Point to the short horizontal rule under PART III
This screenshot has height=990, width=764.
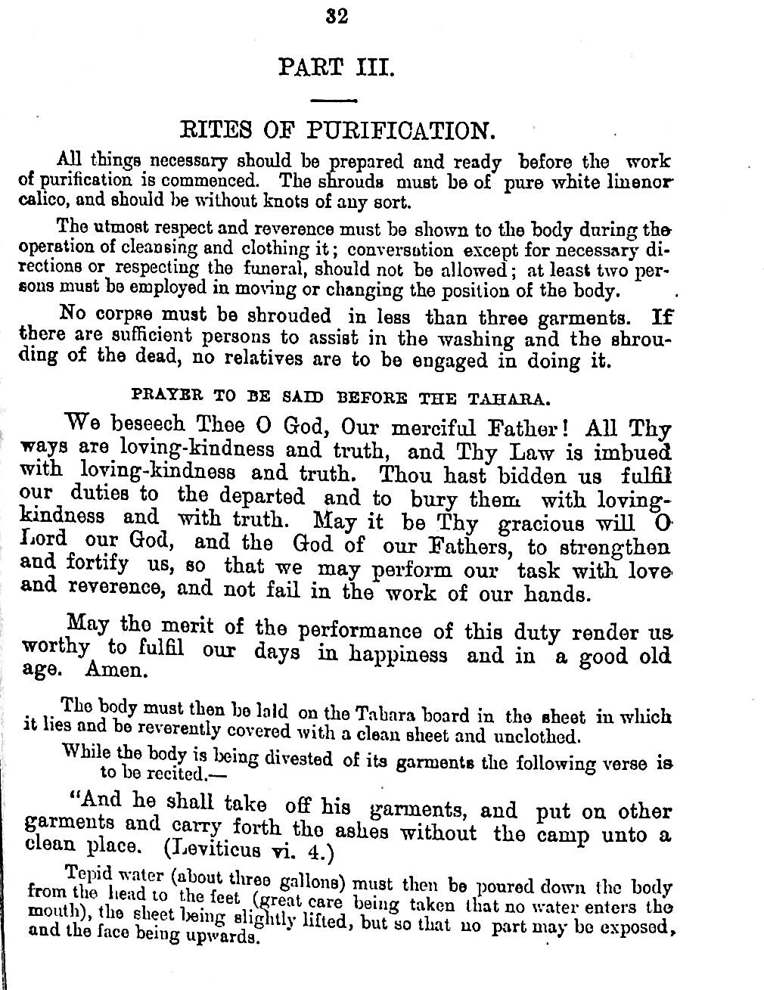334,100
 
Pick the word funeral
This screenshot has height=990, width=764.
273,268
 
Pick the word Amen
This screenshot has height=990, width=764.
113,669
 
